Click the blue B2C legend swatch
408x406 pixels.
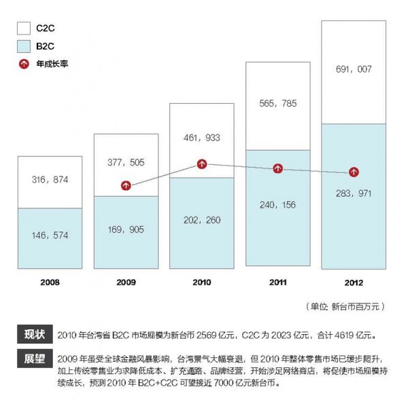coord(24,46)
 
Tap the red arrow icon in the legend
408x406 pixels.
coord(24,64)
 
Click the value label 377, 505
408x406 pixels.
coord(125,162)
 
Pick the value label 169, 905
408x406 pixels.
coord(125,229)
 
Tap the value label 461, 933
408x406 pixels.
coord(201,137)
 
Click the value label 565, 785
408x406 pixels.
coord(277,104)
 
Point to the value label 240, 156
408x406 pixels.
coord(277,204)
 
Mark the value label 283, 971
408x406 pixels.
coord(354,193)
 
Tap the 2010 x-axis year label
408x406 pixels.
coord(202,280)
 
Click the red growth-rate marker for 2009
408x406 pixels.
coord(125,185)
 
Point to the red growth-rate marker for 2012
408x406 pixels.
coord(354,172)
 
